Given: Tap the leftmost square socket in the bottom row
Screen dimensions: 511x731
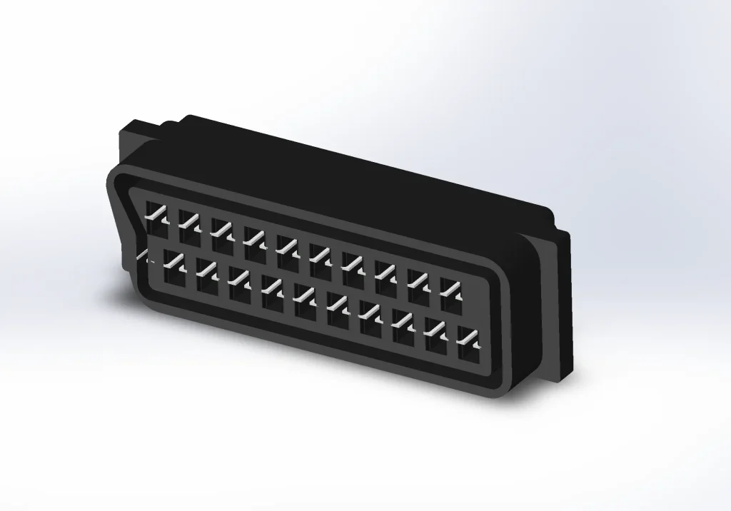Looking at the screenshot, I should click(x=174, y=273).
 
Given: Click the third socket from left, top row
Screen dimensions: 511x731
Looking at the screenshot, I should click(x=222, y=230).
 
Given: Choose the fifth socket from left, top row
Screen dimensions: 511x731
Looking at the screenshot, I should click(x=288, y=247).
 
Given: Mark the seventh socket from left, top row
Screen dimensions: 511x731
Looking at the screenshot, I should click(x=353, y=264).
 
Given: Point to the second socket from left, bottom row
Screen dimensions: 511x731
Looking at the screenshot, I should click(x=207, y=280).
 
